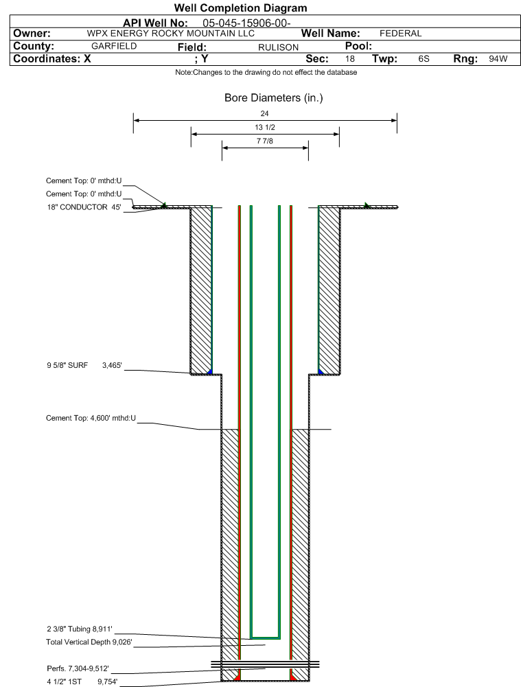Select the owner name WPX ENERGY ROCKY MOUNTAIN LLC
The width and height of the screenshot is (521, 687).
coord(171,34)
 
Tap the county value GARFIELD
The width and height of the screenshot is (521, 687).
coord(114,46)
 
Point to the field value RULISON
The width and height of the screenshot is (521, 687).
coord(278,47)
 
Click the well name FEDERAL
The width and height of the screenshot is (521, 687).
coord(400,34)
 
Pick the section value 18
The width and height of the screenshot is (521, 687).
coord(350,59)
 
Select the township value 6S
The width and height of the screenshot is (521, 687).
coord(424,59)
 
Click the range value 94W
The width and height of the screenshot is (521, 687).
coord(498,59)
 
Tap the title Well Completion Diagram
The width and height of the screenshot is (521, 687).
coord(240,8)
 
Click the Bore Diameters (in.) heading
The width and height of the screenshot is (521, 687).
coord(273,98)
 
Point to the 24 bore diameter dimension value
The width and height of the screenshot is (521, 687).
coord(265,113)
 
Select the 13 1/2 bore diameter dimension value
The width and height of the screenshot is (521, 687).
coord(265,128)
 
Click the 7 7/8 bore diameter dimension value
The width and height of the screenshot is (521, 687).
coord(265,141)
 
